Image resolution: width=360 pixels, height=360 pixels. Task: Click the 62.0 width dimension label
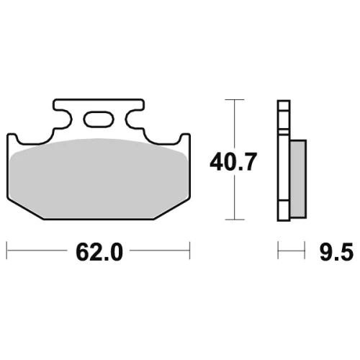pos(99,252)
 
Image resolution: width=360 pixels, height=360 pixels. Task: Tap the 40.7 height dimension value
pos(233,162)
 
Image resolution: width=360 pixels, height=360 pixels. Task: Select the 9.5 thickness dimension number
pos(336,252)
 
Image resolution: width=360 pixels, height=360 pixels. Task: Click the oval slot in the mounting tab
pos(99,119)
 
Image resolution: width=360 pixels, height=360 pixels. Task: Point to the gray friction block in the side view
pos(298,179)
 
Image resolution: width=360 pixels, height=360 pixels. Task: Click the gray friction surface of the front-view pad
pos(99,179)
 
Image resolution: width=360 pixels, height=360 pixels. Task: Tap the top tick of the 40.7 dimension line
pos(235,99)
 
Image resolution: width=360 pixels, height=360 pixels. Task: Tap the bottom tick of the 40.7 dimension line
pos(235,220)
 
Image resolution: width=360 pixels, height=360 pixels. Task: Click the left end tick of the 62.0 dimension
pos(6,251)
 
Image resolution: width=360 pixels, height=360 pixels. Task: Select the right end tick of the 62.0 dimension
pos(190,251)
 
